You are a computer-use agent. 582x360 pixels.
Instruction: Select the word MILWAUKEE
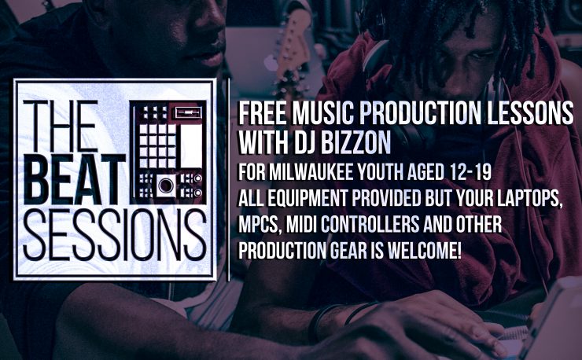[x=311, y=172]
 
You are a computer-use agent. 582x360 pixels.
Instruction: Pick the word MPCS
[x=258, y=225]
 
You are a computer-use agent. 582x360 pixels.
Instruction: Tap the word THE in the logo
[x=61, y=127]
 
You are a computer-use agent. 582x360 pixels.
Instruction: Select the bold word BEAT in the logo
[x=74, y=179]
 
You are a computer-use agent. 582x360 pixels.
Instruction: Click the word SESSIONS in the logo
[x=114, y=234]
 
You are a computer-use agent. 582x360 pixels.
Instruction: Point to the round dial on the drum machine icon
[x=165, y=185]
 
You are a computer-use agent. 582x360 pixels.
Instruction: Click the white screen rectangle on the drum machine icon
[x=191, y=145]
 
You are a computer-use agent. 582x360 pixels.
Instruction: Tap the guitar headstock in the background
[x=293, y=41]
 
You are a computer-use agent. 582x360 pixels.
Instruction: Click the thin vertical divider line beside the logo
[x=229, y=179]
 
